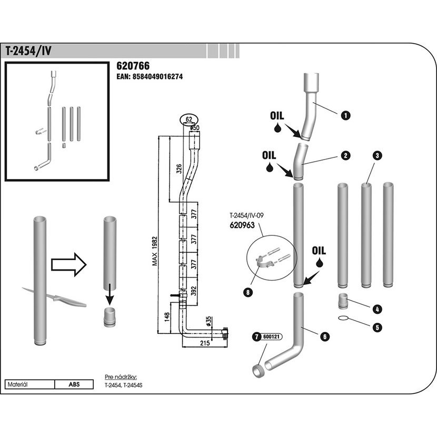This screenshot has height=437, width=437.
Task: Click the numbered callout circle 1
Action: pos(345,115)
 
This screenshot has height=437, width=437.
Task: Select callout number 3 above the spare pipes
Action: pos(377,155)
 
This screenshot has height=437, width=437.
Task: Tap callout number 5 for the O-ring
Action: pos(377,327)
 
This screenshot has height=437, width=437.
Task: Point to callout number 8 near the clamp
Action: pos(248,292)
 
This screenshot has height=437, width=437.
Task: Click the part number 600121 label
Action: pos(271,336)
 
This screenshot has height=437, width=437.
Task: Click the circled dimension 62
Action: pos(189,120)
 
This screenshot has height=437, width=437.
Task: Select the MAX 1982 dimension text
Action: pos(155,251)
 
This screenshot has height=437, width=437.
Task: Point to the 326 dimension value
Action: pos(178,169)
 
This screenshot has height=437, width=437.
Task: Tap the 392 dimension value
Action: pos(194,291)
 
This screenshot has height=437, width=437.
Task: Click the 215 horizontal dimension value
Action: pos(205,343)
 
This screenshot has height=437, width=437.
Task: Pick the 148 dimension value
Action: pos(167,317)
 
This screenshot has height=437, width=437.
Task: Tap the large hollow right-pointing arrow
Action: pos(69,264)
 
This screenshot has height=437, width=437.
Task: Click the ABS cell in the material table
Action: pos(74,384)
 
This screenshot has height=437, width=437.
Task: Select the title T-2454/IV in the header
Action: pos(28,51)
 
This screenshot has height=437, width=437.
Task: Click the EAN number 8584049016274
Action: pos(157,77)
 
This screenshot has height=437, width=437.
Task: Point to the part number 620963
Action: pos(242,225)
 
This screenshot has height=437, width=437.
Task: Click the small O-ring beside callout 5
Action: pos(344,318)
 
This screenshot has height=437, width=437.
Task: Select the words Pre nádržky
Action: pos(121,378)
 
